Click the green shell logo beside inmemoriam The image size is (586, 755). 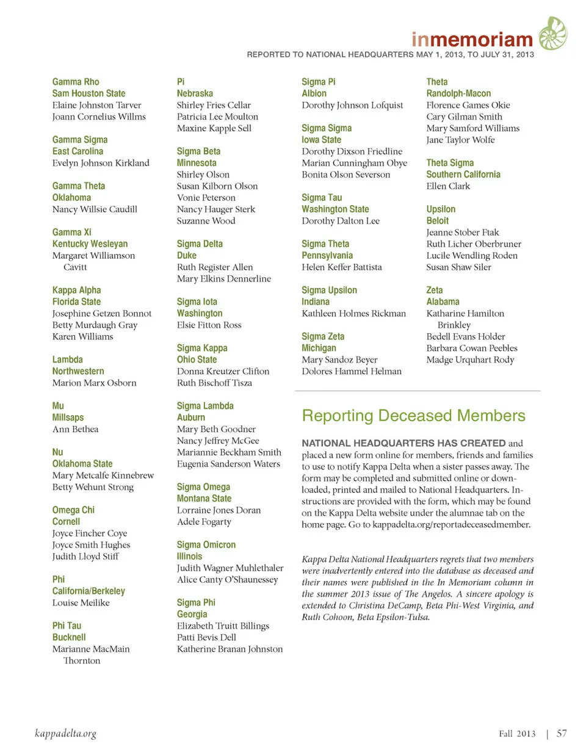coord(552,34)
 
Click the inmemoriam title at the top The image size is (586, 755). coord(472,40)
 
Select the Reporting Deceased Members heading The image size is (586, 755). coord(413,416)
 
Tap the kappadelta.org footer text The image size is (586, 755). coord(66,733)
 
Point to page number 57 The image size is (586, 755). coord(562,733)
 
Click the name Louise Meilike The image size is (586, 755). coord(81,602)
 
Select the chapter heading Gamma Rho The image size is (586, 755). coord(76,82)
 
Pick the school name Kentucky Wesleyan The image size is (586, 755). coord(90,244)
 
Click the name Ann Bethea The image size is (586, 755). coord(75,429)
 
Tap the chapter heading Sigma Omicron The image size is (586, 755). coord(206,545)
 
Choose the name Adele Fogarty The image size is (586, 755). coord(204,522)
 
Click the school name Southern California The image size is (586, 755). coord(463,175)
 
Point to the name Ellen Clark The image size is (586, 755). coord(448,186)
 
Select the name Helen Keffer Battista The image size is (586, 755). coord(341,267)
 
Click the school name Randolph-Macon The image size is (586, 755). coord(458,93)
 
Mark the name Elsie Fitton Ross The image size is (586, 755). coord(209,325)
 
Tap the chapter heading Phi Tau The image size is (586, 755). coord(67,626)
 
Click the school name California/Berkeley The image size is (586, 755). coord(89,591)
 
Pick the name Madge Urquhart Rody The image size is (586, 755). coord(470,359)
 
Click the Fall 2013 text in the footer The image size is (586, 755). coord(517,734)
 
